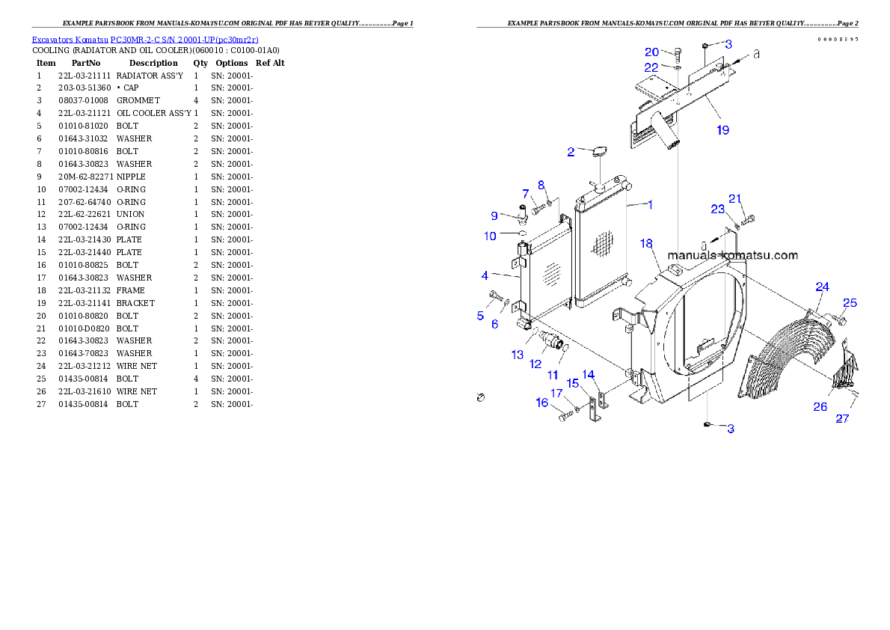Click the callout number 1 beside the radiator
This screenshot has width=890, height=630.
tap(650, 204)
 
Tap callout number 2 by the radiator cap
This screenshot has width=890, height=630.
tap(571, 152)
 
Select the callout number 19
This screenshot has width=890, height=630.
tap(722, 129)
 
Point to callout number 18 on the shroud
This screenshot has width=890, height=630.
tap(647, 244)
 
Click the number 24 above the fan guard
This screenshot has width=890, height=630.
tap(823, 287)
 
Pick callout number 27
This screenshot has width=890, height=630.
tap(842, 418)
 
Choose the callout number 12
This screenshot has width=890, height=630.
tap(535, 364)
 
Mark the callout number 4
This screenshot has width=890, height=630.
tap(485, 275)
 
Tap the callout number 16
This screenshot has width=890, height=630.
tap(542, 403)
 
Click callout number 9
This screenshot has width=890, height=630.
tap(494, 215)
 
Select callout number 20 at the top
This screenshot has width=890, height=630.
tap(652, 52)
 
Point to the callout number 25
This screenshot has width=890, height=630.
tap(850, 303)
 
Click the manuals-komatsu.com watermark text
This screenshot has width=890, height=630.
tap(733, 255)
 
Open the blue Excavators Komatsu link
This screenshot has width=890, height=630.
tap(145, 40)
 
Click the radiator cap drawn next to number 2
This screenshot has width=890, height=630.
tap(599, 153)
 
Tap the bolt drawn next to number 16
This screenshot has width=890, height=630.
tap(565, 416)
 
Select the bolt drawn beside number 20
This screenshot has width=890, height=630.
tap(677, 54)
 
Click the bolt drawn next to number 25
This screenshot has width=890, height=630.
tap(839, 320)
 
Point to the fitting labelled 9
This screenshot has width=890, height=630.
tap(521, 214)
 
